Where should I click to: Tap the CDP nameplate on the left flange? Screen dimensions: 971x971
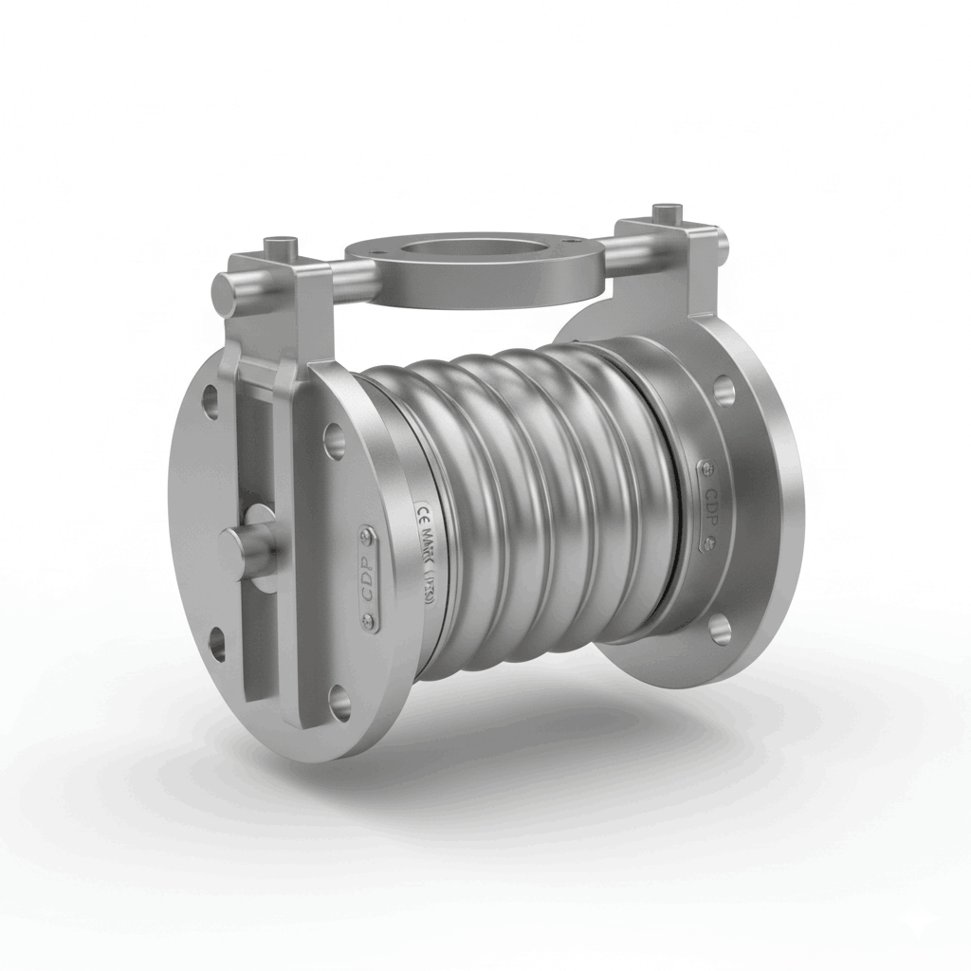click(x=368, y=579)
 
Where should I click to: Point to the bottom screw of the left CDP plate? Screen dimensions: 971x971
click(x=370, y=621)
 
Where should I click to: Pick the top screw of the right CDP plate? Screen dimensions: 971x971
click(x=705, y=467)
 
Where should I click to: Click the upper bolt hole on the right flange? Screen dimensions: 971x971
click(x=725, y=390)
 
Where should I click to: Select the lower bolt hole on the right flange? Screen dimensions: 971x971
click(x=720, y=628)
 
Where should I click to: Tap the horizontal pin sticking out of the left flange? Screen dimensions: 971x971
click(x=245, y=544)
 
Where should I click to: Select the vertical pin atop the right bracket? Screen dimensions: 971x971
click(x=669, y=210)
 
